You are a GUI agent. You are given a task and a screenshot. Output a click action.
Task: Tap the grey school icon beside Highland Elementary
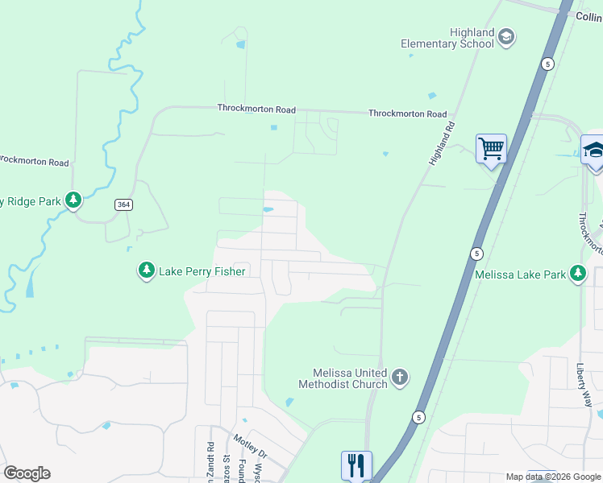[x=506, y=36]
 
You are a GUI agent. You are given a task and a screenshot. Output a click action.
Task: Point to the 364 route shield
[x=123, y=205]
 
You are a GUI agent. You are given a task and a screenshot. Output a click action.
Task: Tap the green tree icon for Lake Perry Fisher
[x=146, y=271]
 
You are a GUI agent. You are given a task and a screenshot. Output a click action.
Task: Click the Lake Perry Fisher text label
[x=202, y=272]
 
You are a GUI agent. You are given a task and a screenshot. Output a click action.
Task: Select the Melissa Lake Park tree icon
[x=578, y=275]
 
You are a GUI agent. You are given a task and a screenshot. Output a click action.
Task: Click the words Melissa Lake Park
[x=520, y=275]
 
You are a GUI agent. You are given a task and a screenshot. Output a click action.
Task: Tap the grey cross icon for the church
[x=400, y=377]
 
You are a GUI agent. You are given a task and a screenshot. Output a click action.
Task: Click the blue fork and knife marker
[x=356, y=465]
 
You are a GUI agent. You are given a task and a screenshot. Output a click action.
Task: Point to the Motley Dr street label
[x=250, y=448]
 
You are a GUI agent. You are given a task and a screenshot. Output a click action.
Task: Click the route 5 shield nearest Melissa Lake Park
[x=476, y=254]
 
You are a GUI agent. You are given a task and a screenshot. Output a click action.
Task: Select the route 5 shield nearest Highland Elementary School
[x=547, y=64]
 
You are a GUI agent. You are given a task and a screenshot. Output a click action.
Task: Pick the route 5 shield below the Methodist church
[x=419, y=416]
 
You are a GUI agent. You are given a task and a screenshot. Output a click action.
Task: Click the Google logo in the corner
[x=27, y=473]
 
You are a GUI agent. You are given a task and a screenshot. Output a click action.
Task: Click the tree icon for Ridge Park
[x=73, y=200]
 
